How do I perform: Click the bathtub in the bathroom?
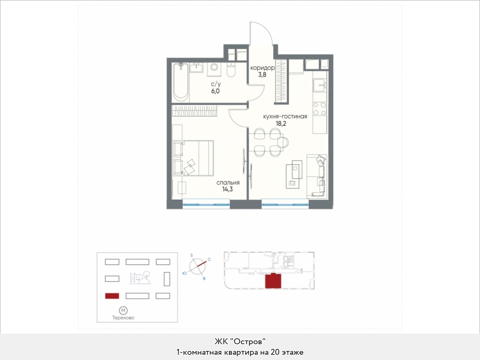180,82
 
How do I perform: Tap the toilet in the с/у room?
231,70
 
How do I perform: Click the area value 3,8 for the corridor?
262,75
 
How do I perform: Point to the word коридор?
262,68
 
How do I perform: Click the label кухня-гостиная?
285,117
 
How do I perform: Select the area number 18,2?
281,124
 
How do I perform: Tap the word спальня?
228,183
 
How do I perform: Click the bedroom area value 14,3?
227,189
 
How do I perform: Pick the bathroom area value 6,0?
215,91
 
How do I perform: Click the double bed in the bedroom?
193,158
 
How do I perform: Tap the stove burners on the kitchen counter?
320,108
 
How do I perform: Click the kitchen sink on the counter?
320,85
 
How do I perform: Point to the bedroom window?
206,204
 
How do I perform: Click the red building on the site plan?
112,296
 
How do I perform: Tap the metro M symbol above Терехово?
123,311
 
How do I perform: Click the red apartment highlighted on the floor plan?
273,281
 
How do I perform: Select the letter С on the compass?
209,260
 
